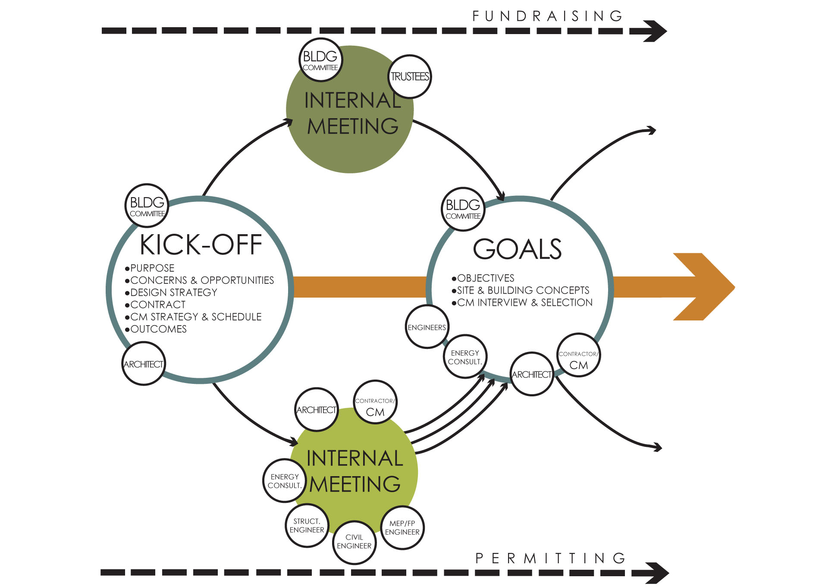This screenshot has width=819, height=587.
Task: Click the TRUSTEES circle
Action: pos(409,77)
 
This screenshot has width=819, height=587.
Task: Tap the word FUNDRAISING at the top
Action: pos(548,16)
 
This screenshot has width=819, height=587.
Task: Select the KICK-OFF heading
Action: pos(201,245)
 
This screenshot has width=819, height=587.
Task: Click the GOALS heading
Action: pos(518,249)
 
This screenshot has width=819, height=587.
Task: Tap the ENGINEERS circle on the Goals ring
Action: pos(427,327)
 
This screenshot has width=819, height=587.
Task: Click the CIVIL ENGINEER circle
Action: pos(354,542)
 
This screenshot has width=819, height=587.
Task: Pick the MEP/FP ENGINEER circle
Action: pos(402,527)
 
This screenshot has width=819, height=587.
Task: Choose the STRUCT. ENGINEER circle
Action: pos(307,525)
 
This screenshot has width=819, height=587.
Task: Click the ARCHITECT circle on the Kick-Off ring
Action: pos(143,364)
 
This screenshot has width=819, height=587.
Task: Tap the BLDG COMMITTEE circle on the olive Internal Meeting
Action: pos(320,60)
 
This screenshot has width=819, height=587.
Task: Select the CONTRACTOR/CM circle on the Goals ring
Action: pos(578,355)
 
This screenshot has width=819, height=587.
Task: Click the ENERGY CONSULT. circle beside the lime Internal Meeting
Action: pos(284,480)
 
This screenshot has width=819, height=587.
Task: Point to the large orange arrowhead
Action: pos(703,287)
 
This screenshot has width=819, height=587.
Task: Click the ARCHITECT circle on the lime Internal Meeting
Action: pos(316,410)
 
